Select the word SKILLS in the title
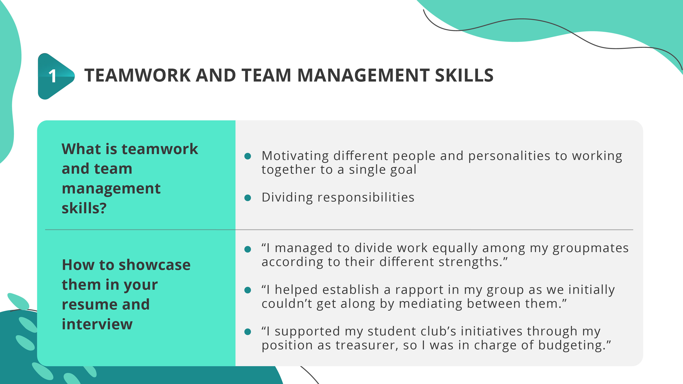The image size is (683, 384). [x=464, y=76]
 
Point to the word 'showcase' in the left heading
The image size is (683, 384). [x=154, y=265]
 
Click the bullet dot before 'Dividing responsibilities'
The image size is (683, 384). [x=248, y=198]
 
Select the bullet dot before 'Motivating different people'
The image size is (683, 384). [x=248, y=156]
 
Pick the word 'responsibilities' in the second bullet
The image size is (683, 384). [x=366, y=198]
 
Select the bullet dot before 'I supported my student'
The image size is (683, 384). [x=248, y=332]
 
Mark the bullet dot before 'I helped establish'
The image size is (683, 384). [x=248, y=290]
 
